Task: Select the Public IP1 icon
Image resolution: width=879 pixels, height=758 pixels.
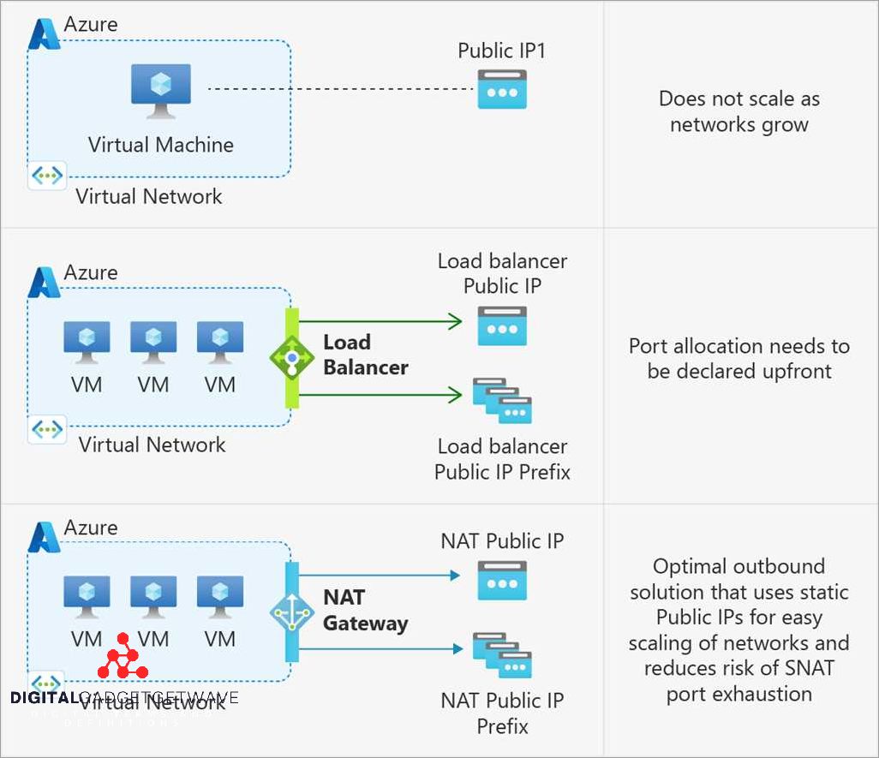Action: pyautogui.click(x=502, y=89)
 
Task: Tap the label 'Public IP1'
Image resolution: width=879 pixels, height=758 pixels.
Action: pyautogui.click(x=501, y=51)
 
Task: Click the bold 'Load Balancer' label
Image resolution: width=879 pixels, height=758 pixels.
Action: pyautogui.click(x=365, y=355)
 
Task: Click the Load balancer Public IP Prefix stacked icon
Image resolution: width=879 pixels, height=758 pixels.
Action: pyautogui.click(x=502, y=401)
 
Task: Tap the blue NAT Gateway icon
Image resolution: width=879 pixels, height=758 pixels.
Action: pyautogui.click(x=292, y=612)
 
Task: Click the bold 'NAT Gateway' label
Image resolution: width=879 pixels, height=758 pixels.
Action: pyautogui.click(x=365, y=610)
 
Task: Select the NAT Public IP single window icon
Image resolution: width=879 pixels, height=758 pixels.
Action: pyautogui.click(x=502, y=580)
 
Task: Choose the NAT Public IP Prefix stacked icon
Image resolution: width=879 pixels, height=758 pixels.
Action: pyautogui.click(x=502, y=655)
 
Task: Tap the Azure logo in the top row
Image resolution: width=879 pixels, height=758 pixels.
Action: pyautogui.click(x=42, y=33)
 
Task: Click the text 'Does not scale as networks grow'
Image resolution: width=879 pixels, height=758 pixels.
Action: pyautogui.click(x=738, y=111)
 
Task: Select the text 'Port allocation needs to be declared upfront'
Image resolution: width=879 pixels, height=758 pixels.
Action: pyautogui.click(x=738, y=359)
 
